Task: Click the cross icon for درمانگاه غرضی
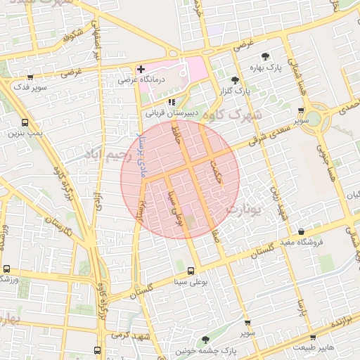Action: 141,70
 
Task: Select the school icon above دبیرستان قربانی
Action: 172,102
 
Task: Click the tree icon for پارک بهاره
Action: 265,56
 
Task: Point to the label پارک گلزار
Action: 238,91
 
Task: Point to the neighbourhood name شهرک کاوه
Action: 236,115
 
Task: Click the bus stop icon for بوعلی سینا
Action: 191,271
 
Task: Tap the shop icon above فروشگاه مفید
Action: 301,232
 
